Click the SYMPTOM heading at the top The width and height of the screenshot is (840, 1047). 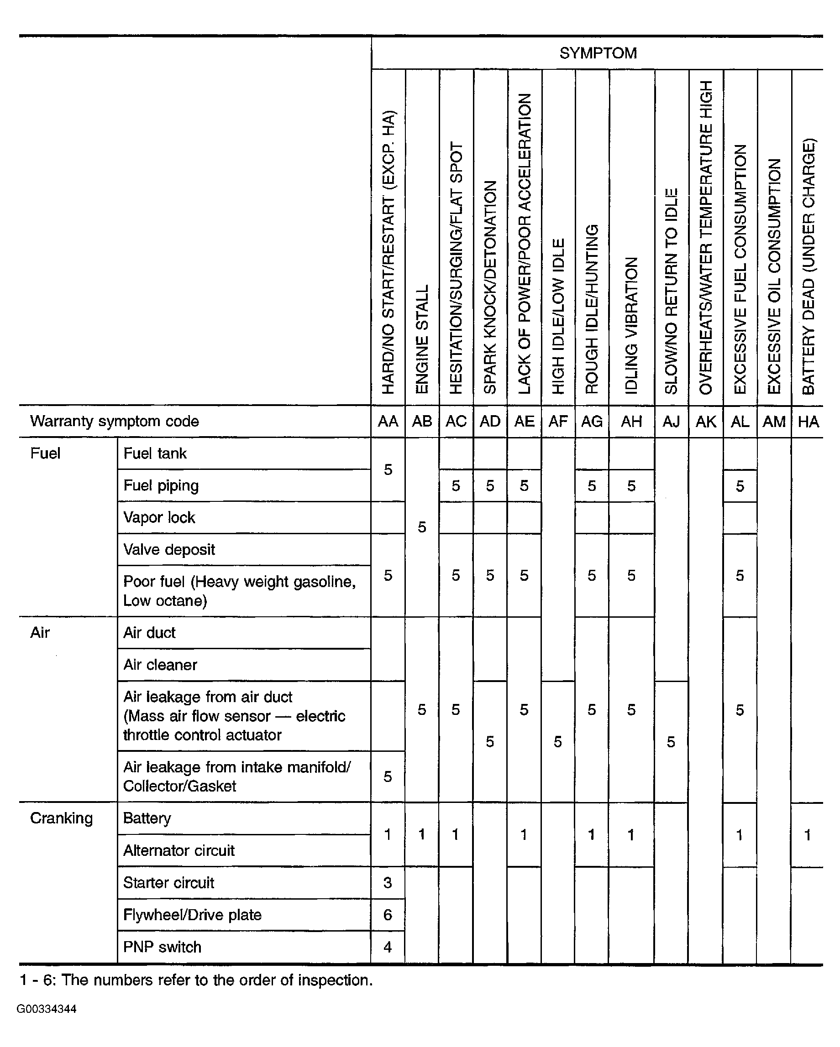[598, 53]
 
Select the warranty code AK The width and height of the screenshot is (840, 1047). [705, 422]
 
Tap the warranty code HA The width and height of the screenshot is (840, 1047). [808, 422]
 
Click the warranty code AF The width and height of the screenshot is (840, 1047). [558, 422]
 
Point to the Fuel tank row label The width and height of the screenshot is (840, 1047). [154, 453]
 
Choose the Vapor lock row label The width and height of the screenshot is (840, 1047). [159, 518]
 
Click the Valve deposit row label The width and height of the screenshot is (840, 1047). [168, 550]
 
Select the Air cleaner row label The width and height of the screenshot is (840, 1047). [160, 665]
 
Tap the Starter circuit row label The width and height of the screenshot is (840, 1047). [168, 882]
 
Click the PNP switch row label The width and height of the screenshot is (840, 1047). [162, 947]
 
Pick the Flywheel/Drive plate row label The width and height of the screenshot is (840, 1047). [192, 914]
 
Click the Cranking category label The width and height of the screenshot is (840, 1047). [61, 818]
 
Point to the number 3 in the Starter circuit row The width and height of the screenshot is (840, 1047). [387, 882]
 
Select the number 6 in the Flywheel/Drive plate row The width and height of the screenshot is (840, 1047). [387, 915]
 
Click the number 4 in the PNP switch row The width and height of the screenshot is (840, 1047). [387, 947]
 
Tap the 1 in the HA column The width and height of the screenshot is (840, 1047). [807, 835]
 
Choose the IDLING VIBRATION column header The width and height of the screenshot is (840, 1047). [631, 325]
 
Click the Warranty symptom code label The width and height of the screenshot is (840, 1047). [114, 422]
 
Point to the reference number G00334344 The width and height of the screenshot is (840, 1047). [47, 1009]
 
